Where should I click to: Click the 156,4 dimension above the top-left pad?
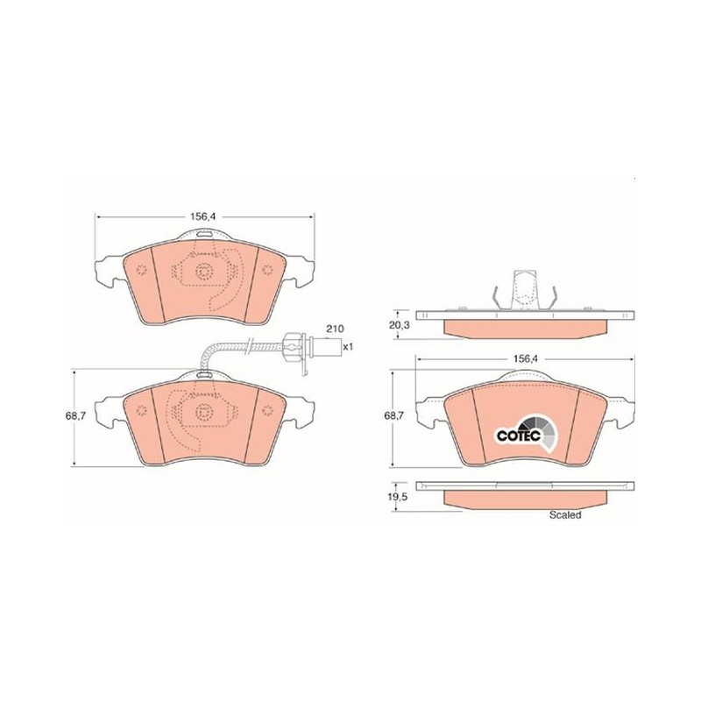coord(204,216)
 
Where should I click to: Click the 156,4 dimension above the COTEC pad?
coord(526,358)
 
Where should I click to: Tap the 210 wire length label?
coord(335,329)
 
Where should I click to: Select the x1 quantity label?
coord(348,346)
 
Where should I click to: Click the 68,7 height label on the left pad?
coord(75,415)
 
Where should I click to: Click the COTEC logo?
coord(527,435)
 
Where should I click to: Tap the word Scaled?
coord(565,514)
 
